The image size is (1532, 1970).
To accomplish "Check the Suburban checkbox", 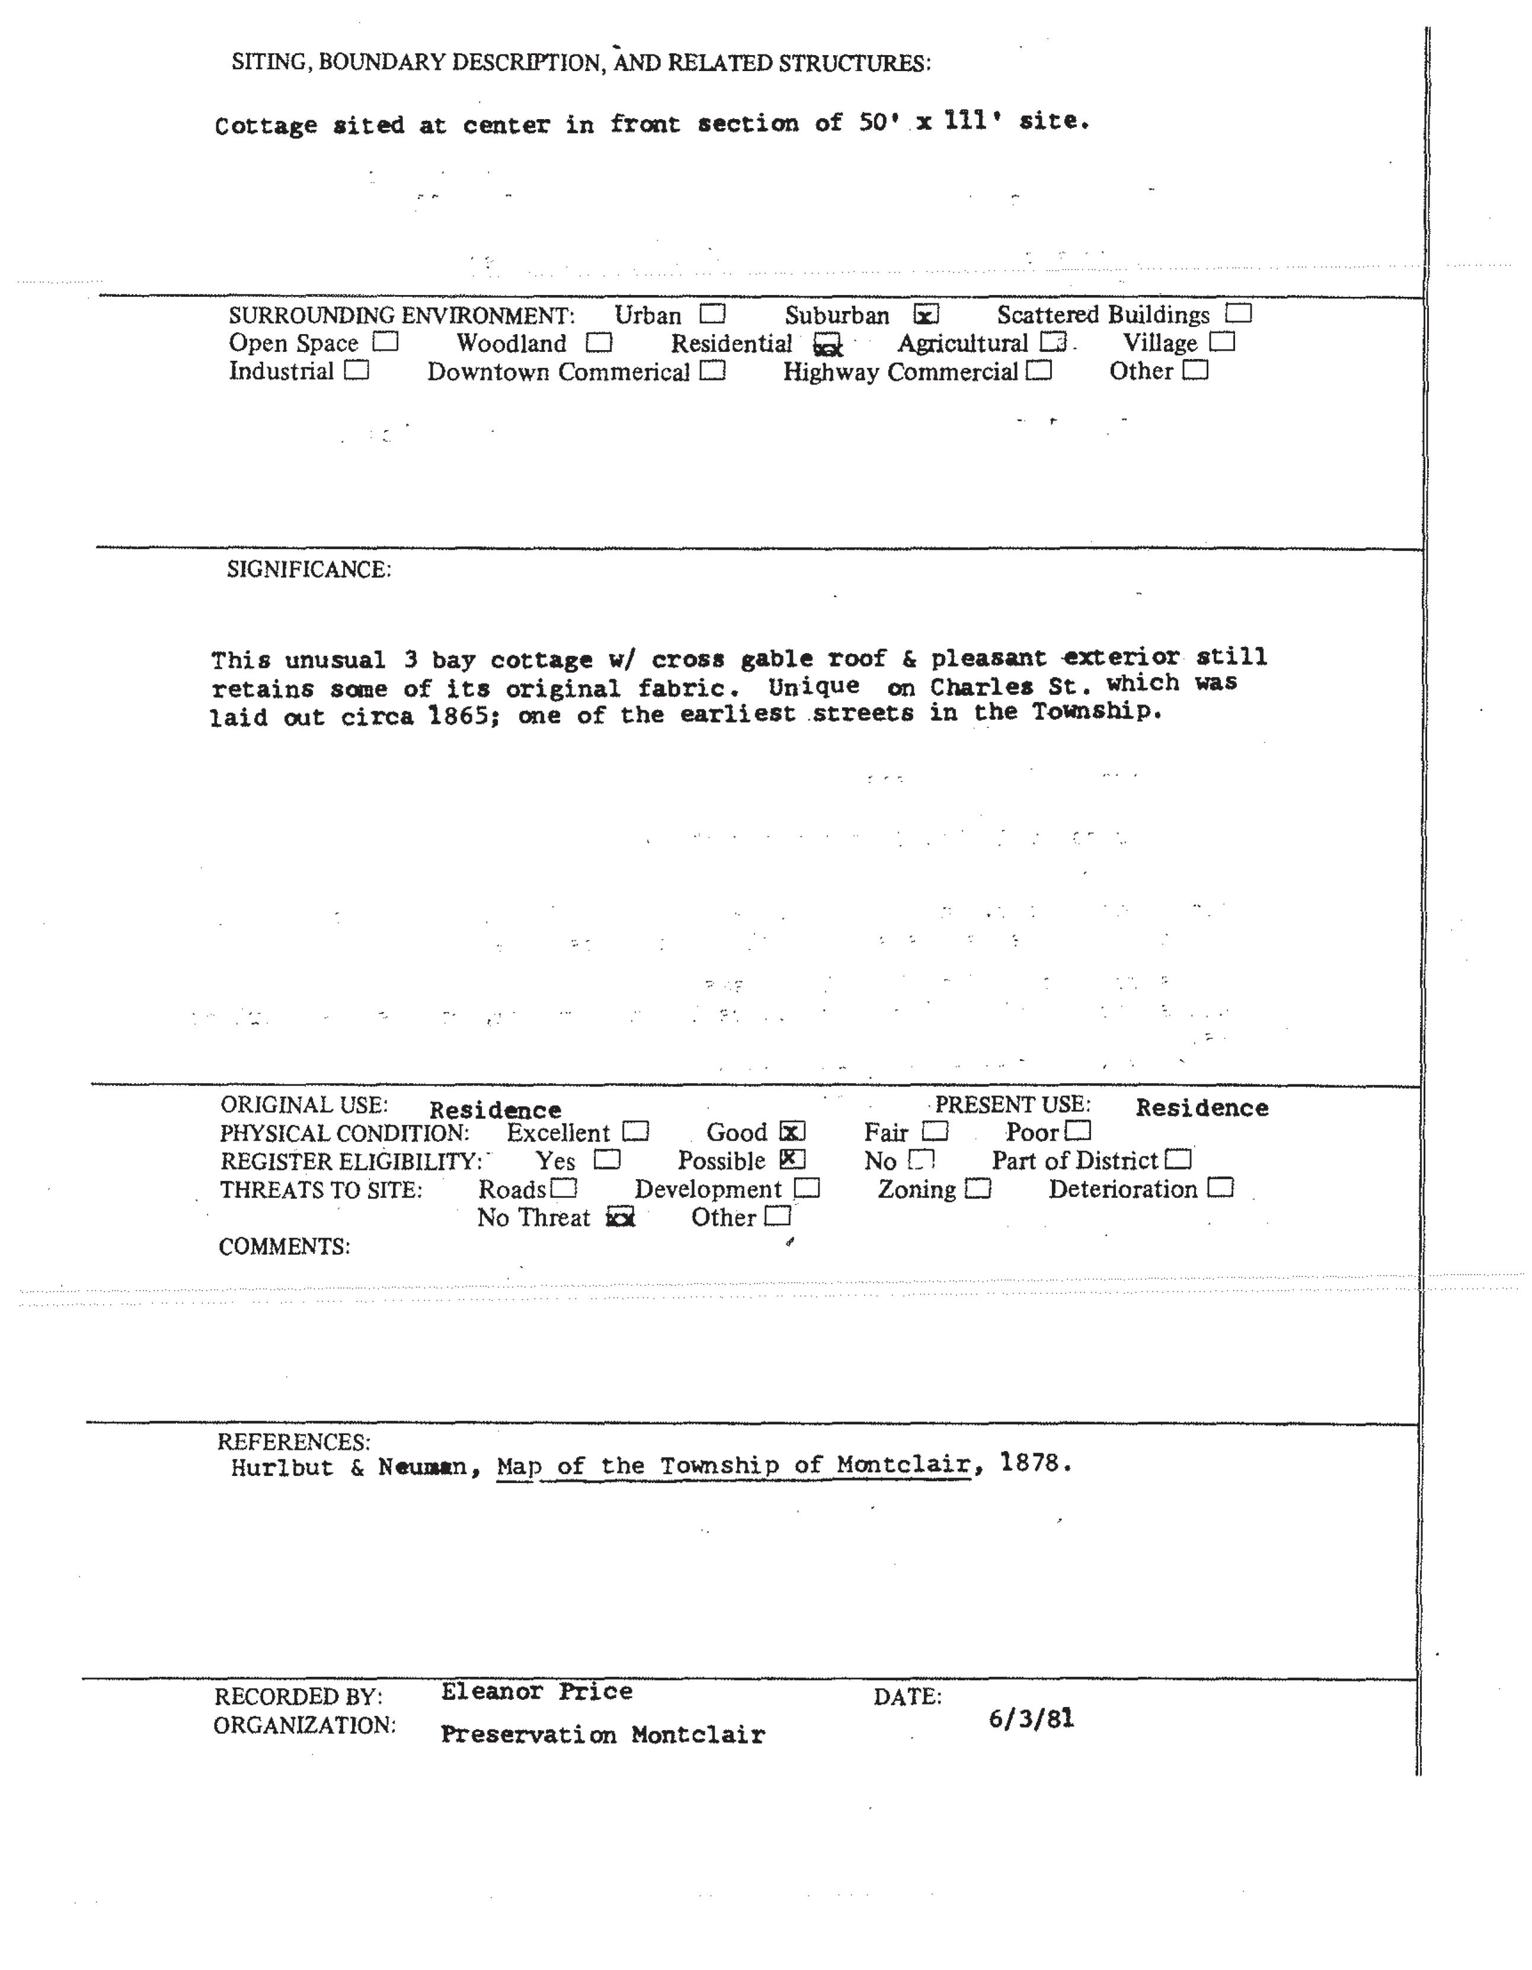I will coord(926,315).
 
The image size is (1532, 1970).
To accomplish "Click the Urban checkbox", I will coord(713,314).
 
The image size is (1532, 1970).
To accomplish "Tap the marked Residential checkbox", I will coord(826,345).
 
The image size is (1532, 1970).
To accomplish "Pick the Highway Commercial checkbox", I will coord(1040,371).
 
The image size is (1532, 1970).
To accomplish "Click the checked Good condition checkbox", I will coord(792,1132).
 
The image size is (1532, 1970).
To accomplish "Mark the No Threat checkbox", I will coord(620,1218).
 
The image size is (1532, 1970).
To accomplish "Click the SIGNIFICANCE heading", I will coord(309,570).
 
